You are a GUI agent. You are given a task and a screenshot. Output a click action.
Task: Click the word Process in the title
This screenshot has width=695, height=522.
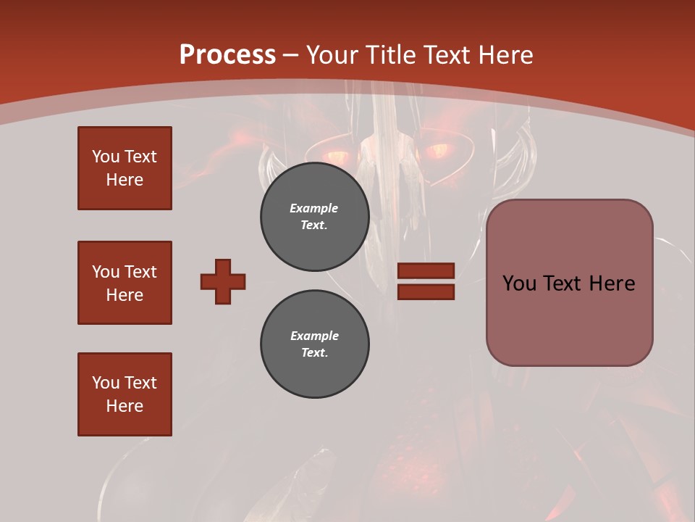click(227, 55)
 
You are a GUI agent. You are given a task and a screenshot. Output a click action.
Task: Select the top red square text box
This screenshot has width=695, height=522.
click(125, 168)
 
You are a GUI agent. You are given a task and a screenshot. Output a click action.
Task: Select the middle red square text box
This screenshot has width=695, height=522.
click(125, 283)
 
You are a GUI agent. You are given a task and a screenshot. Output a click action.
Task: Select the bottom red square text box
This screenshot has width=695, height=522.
click(125, 394)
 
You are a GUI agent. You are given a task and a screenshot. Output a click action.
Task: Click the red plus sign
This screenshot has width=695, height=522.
click(223, 281)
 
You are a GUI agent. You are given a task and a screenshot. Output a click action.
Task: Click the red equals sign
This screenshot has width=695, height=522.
click(426, 281)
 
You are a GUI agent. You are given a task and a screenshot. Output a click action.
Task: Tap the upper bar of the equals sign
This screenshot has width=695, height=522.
click(426, 270)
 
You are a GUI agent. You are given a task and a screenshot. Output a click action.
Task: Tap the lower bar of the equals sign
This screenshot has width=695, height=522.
click(426, 292)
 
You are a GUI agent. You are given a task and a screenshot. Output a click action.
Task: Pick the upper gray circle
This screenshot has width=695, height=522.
click(314, 217)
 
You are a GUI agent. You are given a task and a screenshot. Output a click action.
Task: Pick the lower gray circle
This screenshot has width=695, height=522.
click(314, 344)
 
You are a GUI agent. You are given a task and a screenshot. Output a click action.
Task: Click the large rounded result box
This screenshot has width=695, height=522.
click(569, 283)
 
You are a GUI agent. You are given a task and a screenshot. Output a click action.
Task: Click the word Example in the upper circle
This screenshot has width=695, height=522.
click(314, 208)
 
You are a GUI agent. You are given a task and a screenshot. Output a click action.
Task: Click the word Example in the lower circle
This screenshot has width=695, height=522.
click(314, 336)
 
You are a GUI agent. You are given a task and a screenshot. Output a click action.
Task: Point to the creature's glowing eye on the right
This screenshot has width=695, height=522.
click(437, 151)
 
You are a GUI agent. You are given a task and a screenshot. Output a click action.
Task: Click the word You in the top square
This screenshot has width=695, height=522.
click(106, 157)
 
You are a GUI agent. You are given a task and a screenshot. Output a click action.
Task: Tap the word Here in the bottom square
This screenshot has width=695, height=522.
click(125, 406)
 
